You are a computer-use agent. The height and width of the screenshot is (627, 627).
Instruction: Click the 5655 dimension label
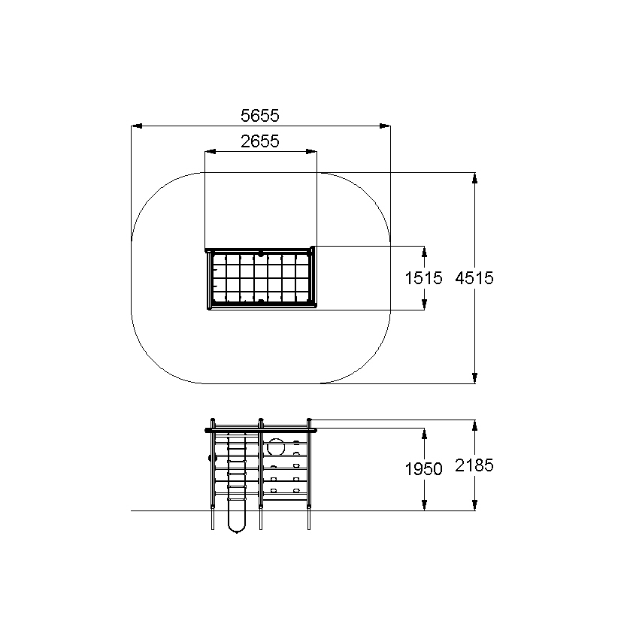point(260,116)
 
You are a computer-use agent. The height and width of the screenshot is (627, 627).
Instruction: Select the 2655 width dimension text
point(260,141)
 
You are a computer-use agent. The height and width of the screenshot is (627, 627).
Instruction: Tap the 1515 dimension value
point(424,278)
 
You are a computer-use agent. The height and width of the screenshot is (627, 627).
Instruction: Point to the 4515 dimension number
point(474,278)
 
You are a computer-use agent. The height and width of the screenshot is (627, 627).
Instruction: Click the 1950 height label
point(424,469)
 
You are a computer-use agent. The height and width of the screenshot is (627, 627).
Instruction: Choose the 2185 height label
point(474,465)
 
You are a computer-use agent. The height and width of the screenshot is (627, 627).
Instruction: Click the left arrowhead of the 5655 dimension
point(136,126)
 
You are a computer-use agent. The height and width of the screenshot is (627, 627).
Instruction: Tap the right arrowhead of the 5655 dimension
point(385,126)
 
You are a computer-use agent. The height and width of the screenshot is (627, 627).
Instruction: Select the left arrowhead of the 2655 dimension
point(210,152)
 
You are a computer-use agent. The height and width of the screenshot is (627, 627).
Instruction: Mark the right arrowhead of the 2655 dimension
point(311,152)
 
